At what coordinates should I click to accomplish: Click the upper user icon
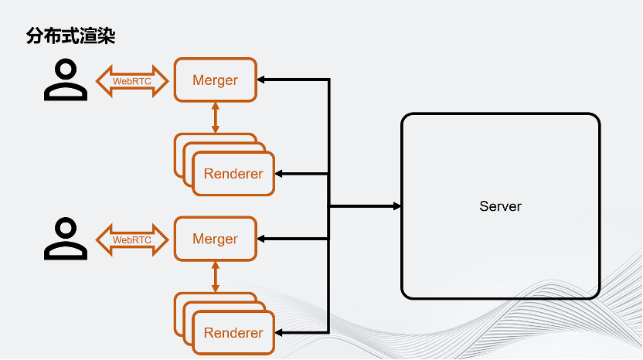click(66, 80)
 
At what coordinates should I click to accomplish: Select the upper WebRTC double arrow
click(132, 80)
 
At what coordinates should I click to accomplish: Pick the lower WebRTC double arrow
click(132, 239)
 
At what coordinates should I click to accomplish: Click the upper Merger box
click(215, 80)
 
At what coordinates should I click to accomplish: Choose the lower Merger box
click(215, 239)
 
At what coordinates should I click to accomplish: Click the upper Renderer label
click(233, 174)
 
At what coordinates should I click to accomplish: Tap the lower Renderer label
click(233, 333)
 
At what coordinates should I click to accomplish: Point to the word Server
click(500, 206)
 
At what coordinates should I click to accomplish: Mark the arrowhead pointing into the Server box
click(397, 206)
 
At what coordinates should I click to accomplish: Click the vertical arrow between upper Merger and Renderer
click(216, 117)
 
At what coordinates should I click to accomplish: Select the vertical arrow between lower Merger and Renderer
click(216, 277)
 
